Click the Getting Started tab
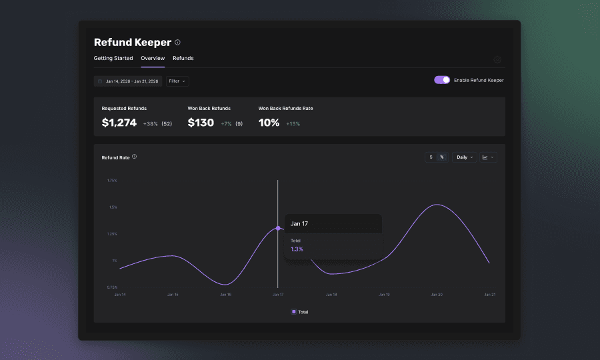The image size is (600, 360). [x=113, y=59]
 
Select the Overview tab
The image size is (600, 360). [x=153, y=59]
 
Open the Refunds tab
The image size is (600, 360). [x=183, y=59]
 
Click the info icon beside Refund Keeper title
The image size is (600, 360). [x=177, y=43]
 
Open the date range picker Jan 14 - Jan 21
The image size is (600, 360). [x=128, y=81]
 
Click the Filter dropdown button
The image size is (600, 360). [x=177, y=81]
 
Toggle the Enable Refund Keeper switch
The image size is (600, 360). [x=442, y=80]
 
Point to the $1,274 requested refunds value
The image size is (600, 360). [x=119, y=123]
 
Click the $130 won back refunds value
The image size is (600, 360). [x=201, y=123]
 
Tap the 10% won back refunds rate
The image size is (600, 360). [x=269, y=123]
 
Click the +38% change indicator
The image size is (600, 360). [x=150, y=124]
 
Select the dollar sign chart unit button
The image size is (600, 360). [x=431, y=157]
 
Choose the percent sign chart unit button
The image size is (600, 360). [x=441, y=157]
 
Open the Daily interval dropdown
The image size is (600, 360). [x=465, y=157]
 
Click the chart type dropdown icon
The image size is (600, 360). [x=488, y=157]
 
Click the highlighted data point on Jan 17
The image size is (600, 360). [x=278, y=228]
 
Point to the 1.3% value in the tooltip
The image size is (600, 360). [x=297, y=249]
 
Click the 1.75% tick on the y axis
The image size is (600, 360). [x=112, y=181]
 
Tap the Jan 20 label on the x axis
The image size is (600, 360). [x=437, y=294]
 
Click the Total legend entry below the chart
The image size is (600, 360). [x=300, y=312]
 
